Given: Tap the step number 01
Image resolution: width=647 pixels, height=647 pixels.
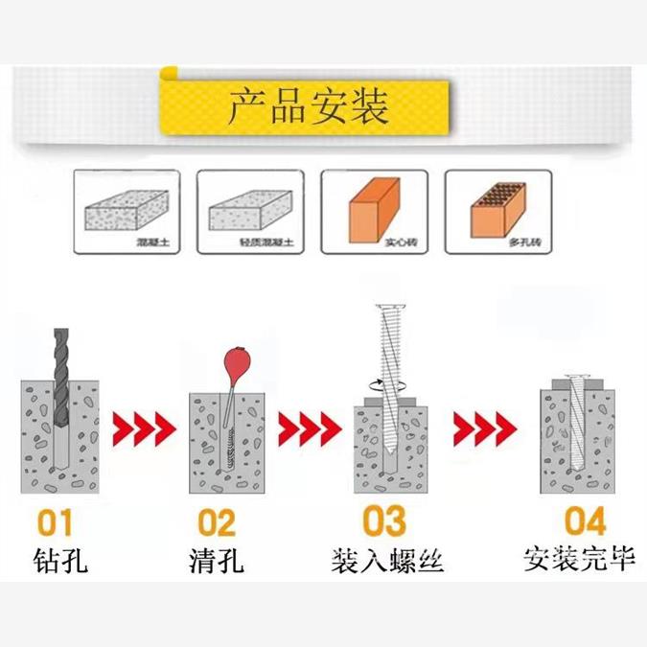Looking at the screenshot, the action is click(x=56, y=522).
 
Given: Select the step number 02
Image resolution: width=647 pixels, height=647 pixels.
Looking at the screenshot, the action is click(x=217, y=522).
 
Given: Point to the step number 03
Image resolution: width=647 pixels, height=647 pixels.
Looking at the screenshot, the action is click(x=383, y=521).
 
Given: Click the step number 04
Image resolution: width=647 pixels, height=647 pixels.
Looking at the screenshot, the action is click(x=584, y=521).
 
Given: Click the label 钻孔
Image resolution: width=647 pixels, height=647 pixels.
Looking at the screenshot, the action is click(x=59, y=560).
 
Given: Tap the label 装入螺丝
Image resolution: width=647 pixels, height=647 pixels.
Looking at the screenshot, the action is click(x=387, y=560).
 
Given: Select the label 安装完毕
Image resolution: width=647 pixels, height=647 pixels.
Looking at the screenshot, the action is click(x=580, y=558).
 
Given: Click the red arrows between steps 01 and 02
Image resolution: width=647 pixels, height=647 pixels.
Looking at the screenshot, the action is click(x=145, y=424).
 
